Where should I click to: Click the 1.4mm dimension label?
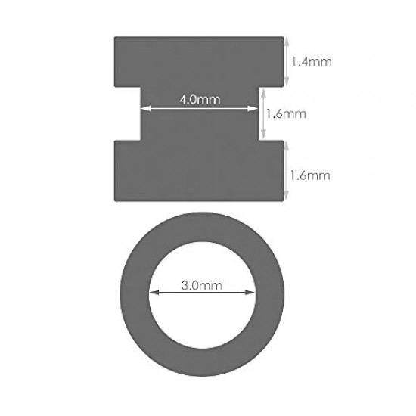pos(312,61)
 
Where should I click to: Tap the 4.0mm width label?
pos(200,100)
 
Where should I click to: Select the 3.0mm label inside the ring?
pos(202,285)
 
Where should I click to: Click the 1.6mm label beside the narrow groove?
pos(286,114)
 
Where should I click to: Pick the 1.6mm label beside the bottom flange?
pos(310,175)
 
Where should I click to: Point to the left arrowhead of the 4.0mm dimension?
pos(146,108)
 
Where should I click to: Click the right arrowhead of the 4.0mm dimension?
pos(253,108)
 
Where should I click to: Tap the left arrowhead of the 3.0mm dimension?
pos(154,293)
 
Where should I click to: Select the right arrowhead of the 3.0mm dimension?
pos(250,293)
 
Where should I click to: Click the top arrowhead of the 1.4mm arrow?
pos(286,42)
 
